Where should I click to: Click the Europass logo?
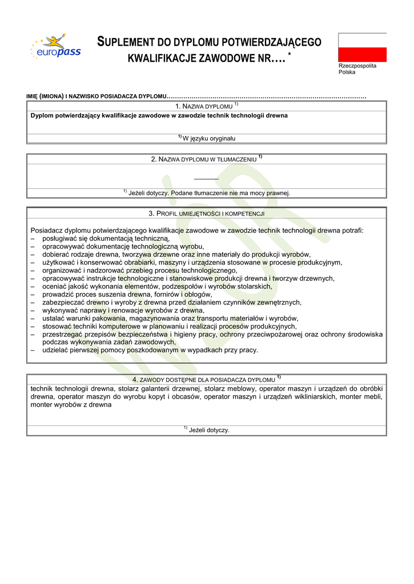click(x=56, y=47)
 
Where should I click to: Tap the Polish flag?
click(x=362, y=47)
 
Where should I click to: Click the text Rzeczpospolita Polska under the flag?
click(x=357, y=69)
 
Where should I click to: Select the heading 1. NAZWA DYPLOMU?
click(x=207, y=106)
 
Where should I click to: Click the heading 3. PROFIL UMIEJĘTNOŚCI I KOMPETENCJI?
click(x=206, y=213)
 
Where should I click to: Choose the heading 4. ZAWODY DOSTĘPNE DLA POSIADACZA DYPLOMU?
click(x=206, y=379)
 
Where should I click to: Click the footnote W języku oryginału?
click(x=207, y=138)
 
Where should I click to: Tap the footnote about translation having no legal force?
click(x=207, y=193)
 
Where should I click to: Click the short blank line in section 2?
click(x=206, y=179)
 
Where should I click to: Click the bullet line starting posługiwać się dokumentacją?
click(x=106, y=238)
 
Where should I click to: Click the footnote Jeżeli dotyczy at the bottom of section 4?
click(x=207, y=430)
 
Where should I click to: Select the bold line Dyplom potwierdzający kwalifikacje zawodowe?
click(x=159, y=115)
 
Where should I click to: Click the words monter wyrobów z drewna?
click(x=71, y=404)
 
